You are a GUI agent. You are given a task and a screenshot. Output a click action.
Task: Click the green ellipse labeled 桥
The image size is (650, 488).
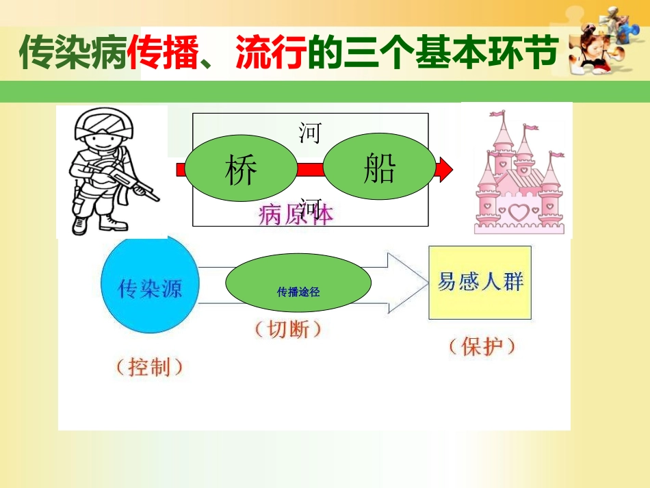(241, 170)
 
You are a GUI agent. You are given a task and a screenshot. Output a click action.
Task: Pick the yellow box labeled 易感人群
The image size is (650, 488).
(480, 282)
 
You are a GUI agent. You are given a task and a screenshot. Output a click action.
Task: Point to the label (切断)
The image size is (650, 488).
(287, 329)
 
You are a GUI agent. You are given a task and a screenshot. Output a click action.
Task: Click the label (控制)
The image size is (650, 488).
(150, 367)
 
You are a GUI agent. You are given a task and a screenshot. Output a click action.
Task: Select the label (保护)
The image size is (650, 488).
(482, 346)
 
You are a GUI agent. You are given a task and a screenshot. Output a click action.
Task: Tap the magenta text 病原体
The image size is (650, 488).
(296, 215)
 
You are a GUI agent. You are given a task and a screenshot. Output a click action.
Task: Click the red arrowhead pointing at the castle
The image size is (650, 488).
(445, 169)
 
